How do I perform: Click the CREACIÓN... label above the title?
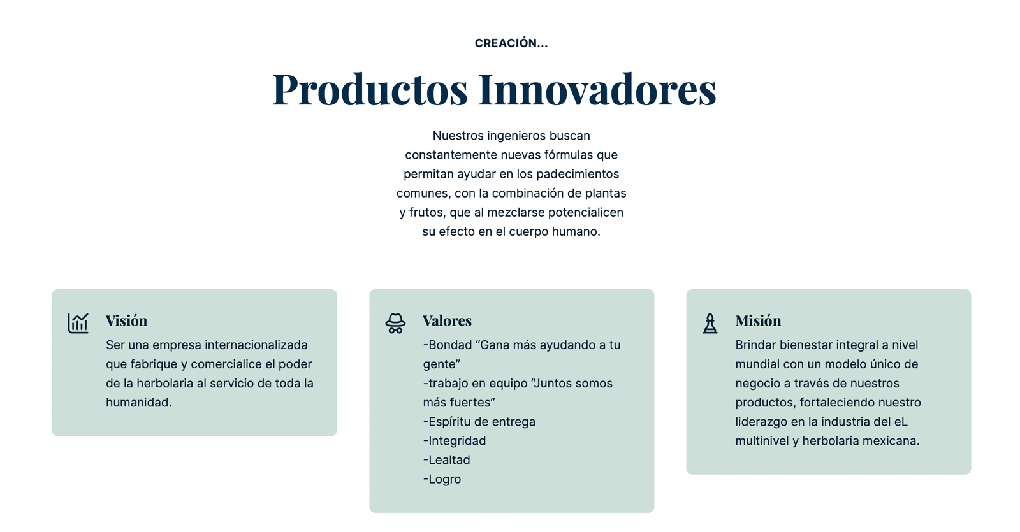tap(511, 43)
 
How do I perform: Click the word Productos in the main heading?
tap(370, 89)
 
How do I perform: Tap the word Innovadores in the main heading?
tap(597, 89)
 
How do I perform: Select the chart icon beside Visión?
tap(78, 323)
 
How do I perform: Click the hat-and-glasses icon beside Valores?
tap(395, 323)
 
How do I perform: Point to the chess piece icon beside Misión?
tap(710, 323)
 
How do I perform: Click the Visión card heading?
tap(127, 321)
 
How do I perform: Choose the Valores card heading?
tap(447, 321)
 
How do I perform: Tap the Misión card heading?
tap(758, 321)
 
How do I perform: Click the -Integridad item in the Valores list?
tap(455, 441)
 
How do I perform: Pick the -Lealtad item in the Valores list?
tap(447, 460)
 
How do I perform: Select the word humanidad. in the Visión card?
tap(139, 403)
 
